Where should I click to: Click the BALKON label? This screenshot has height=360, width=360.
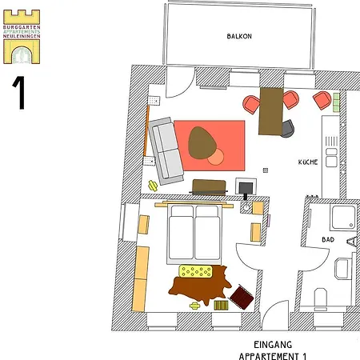(239, 37)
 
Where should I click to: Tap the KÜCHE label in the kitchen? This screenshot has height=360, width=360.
(308, 162)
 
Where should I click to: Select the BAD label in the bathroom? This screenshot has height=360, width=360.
(328, 239)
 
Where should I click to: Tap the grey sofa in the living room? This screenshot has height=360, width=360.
(166, 149)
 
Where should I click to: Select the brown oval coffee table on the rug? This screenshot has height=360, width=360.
(201, 142)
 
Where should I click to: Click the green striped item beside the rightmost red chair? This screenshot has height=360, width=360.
(336, 102)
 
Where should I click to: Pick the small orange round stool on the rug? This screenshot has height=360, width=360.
(215, 158)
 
